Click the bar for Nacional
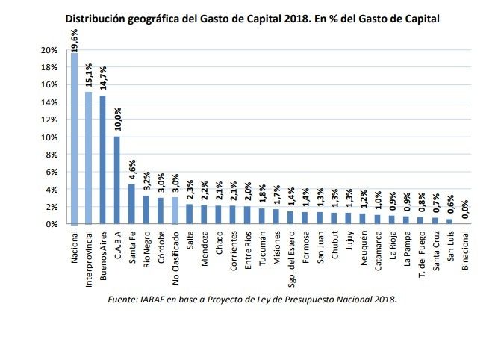pyautogui.click(x=74, y=138)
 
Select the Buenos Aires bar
pyautogui.click(x=102, y=160)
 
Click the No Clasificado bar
pyautogui.click(x=175, y=211)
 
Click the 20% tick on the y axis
pyautogui.click(x=49, y=50)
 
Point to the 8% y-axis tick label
pyautogui.click(x=52, y=155)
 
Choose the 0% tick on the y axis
pyautogui.click(x=52, y=224)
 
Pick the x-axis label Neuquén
pyautogui.click(x=363, y=251)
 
